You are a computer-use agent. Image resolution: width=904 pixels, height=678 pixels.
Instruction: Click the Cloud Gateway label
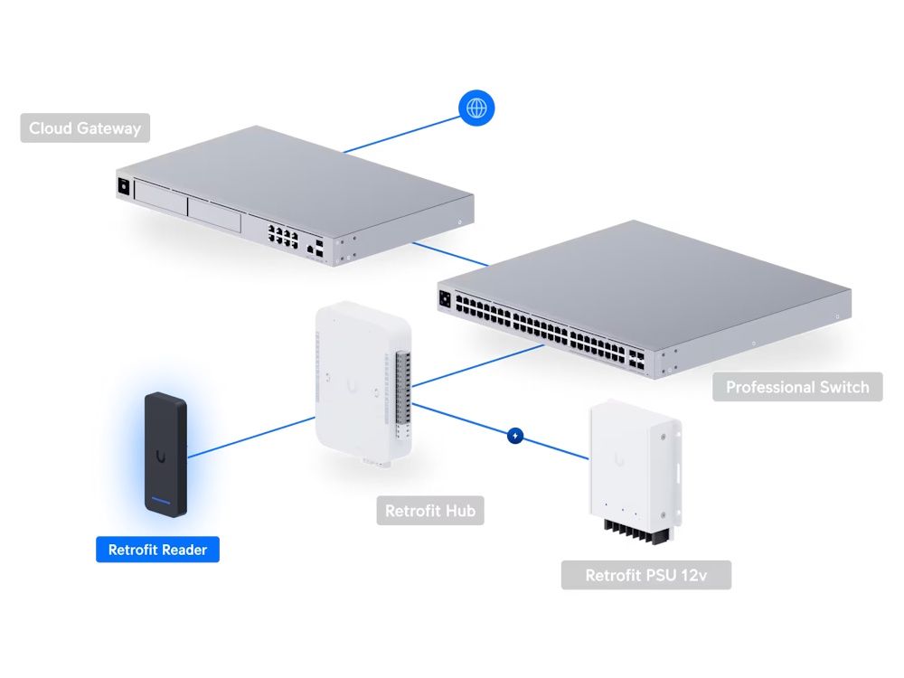[85, 128]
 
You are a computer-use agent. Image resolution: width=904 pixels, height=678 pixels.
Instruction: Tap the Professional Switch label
[797, 387]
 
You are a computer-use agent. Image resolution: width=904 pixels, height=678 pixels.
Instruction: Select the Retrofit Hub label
[429, 511]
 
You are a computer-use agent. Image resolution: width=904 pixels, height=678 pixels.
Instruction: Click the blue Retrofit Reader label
[157, 550]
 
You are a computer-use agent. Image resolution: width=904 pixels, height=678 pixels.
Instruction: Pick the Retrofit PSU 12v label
[645, 575]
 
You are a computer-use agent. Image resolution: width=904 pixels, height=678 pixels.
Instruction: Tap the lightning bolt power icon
[515, 435]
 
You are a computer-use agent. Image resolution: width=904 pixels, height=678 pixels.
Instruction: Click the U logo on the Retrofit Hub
[350, 386]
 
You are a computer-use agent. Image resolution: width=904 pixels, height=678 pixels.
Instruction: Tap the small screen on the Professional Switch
[445, 298]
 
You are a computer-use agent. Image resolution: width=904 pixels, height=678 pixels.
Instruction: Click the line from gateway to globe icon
[398, 133]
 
